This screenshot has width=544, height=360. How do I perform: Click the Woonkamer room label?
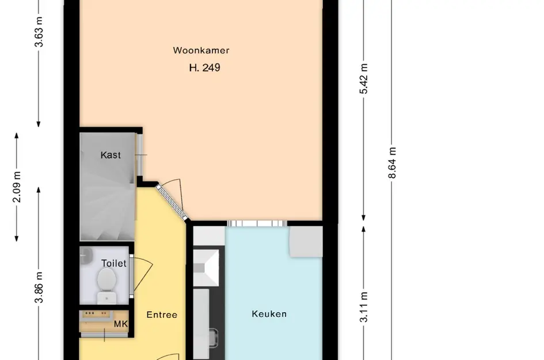pos(201,51)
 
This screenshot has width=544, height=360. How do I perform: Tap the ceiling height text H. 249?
pos(204,68)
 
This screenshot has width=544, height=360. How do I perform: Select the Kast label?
pos(111,155)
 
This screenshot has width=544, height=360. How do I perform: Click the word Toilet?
pos(113,263)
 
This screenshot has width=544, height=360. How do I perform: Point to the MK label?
pos(120,324)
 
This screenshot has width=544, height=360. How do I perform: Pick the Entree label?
pos(162,314)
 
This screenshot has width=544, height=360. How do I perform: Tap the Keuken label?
pos(269,314)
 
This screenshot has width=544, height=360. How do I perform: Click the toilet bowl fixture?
pos(105,282)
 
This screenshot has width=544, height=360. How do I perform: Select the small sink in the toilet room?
pos(86,253)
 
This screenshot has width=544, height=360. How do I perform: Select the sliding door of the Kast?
pos(138,156)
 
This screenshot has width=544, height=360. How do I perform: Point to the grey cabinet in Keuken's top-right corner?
pos(306,241)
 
